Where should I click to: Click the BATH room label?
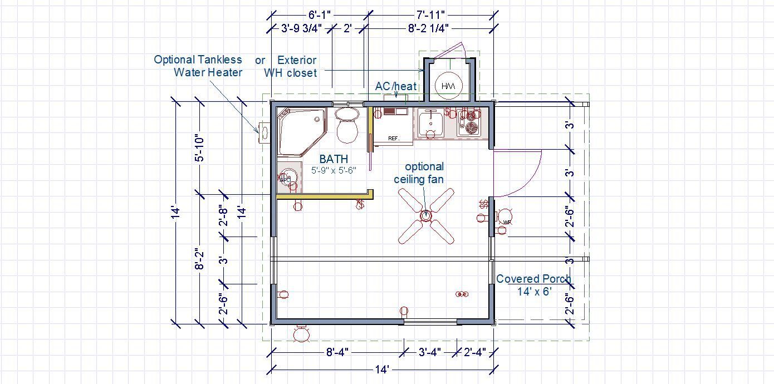pos(334,159)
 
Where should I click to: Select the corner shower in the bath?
pos(302,132)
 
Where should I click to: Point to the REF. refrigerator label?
pos(394,139)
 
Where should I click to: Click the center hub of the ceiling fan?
pos(425,215)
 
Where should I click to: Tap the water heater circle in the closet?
pos(448,86)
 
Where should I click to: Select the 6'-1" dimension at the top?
pos(319,15)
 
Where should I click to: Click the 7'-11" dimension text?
pos(430,15)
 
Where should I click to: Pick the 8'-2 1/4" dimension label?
pos(428,28)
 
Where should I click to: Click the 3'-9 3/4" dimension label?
pos(301,28)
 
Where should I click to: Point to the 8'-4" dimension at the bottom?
pos(337,352)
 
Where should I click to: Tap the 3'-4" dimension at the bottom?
pos(429,352)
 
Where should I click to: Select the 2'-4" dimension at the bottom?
pos(475,352)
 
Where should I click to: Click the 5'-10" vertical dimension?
pos(200,148)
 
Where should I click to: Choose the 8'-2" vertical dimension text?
pos(200,259)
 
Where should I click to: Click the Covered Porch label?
pos(533,279)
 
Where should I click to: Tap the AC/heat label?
pos(396,86)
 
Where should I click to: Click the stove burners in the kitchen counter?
pos(469,122)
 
